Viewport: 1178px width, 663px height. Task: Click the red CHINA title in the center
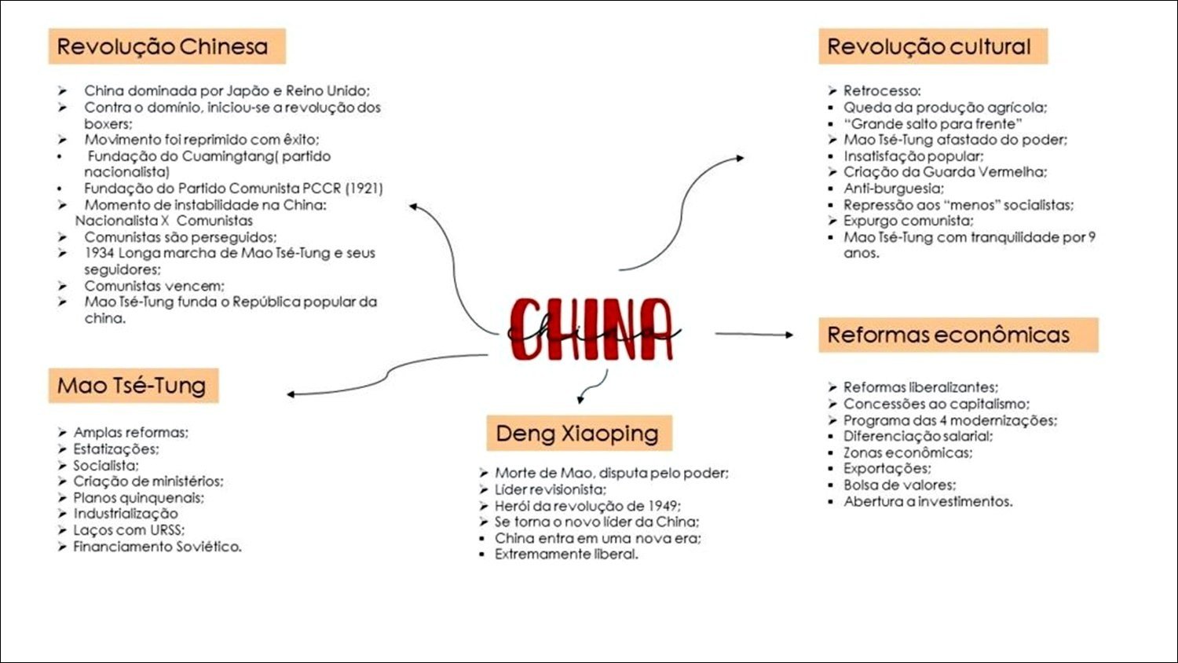(x=591, y=330)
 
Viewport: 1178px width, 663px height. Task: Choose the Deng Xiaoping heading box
(x=579, y=434)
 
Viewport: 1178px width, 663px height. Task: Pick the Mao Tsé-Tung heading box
(x=133, y=386)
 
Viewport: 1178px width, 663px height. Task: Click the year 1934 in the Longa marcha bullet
(x=100, y=253)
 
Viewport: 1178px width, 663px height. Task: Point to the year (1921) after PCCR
(x=364, y=189)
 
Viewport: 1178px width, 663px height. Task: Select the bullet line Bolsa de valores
(x=899, y=485)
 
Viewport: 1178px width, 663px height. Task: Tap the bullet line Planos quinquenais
(x=138, y=498)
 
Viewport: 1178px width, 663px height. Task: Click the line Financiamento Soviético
(x=157, y=547)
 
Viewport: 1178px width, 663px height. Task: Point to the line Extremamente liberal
(x=566, y=555)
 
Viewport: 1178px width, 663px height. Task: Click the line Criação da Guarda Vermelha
(x=945, y=172)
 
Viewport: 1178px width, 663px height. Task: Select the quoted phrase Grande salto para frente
(x=933, y=124)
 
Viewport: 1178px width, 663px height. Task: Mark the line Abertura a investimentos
(x=927, y=502)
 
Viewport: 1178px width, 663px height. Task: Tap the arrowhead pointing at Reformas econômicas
(x=788, y=335)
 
